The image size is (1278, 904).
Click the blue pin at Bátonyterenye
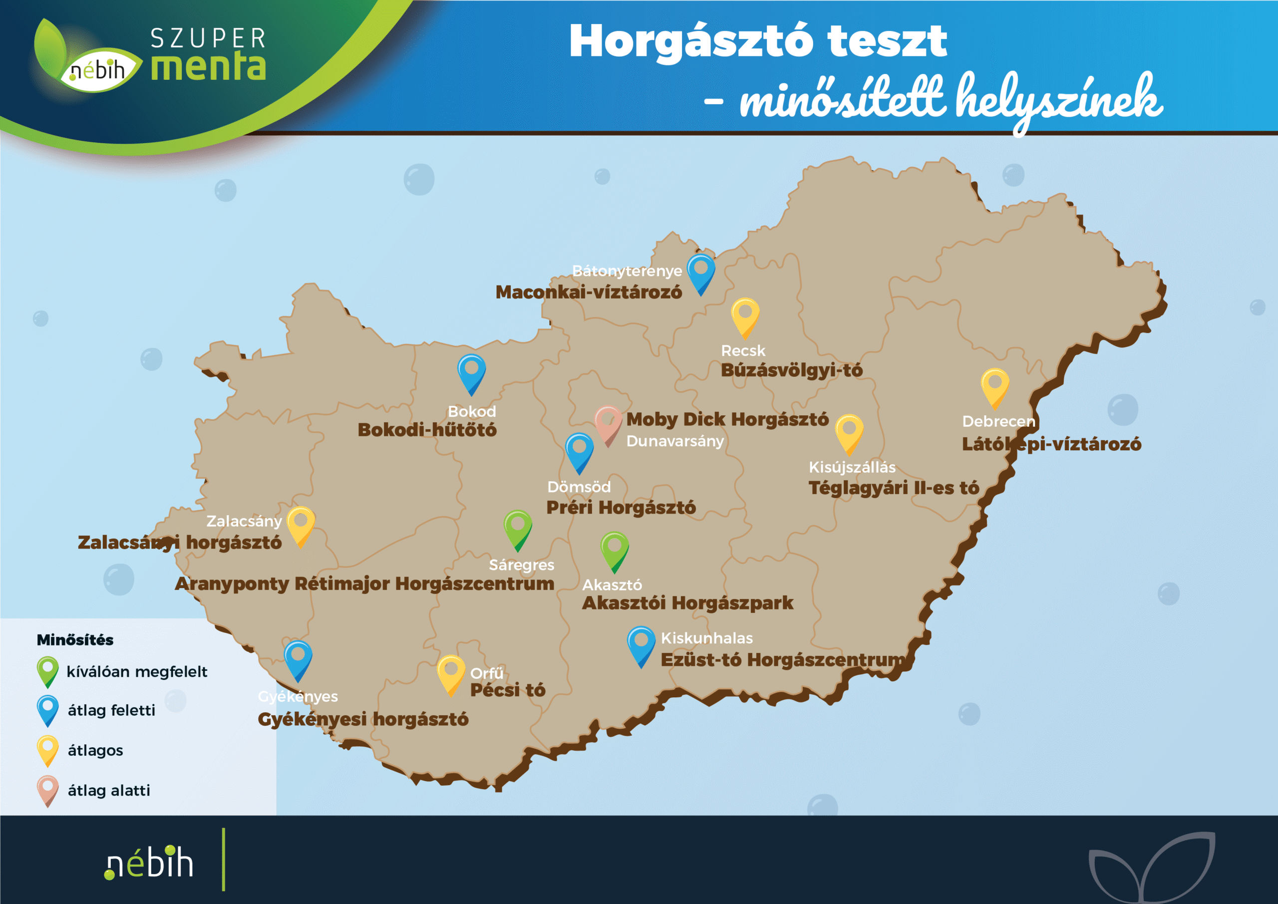(701, 271)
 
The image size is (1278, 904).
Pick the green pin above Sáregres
(518, 527)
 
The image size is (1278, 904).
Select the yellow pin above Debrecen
(994, 385)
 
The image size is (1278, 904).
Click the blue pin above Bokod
(471, 371)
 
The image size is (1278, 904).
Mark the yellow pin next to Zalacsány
(301, 524)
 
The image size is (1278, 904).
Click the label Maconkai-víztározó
(589, 292)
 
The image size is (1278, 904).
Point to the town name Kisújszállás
(852, 467)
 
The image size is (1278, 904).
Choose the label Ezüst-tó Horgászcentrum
(783, 659)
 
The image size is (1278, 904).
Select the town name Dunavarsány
(674, 441)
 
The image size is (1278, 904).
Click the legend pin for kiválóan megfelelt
(48, 670)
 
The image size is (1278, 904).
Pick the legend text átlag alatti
(109, 791)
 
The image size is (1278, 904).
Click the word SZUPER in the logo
(208, 39)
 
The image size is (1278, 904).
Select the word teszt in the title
(887, 42)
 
